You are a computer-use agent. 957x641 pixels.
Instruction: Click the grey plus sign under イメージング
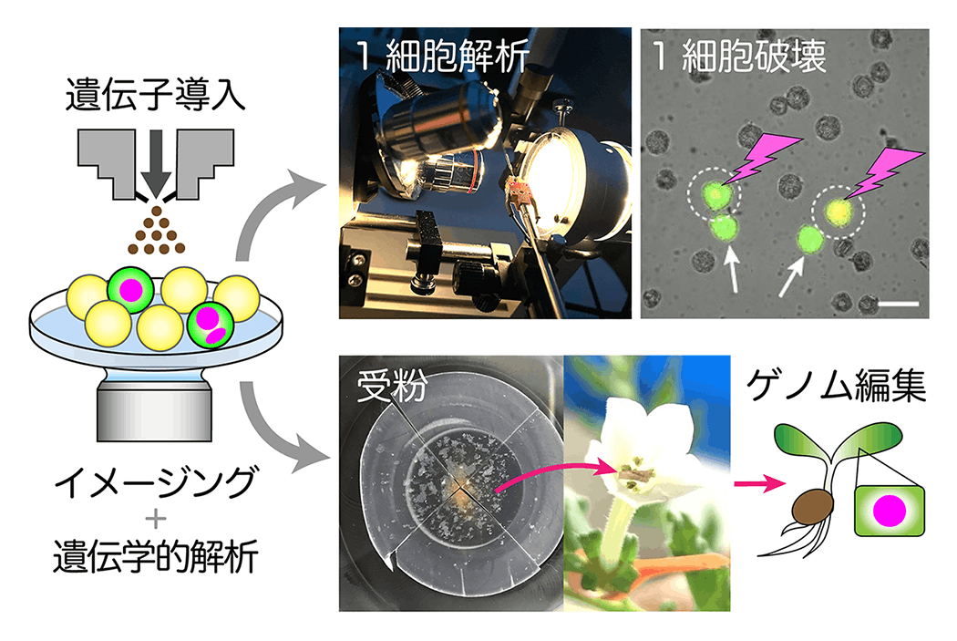pos(154,519)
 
